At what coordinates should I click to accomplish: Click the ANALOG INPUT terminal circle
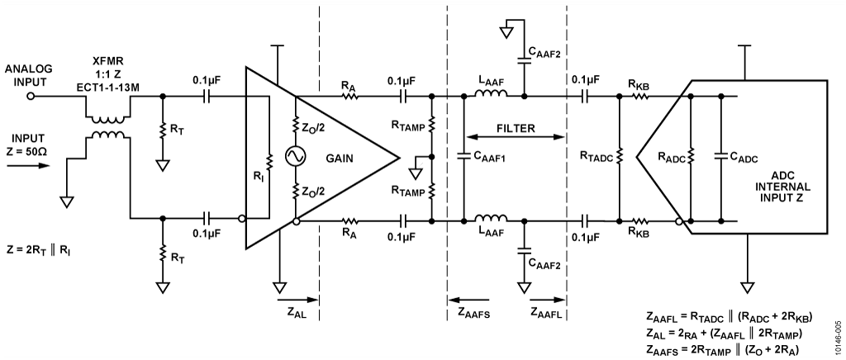point(31,96)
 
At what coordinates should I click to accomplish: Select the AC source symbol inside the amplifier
point(296,156)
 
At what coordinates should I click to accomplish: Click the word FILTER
point(515,129)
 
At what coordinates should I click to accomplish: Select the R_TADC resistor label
point(597,157)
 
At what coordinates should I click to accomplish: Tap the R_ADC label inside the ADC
point(671,158)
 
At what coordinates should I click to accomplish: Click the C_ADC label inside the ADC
point(744,158)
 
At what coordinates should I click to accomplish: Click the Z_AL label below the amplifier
point(295,315)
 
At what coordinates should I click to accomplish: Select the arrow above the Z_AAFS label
point(468,299)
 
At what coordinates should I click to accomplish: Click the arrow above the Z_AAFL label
point(547,299)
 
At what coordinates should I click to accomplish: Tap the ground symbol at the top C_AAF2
point(506,32)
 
